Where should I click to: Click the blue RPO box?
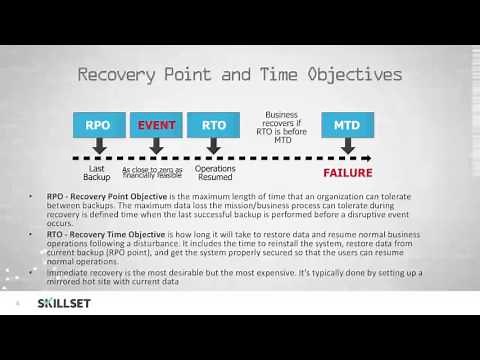pos(97,126)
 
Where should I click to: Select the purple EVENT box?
pos(157,126)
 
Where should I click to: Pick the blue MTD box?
pos(347,126)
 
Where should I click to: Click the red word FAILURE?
pos(347,173)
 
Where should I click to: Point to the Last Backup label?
pos(97,171)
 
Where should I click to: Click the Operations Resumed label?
pos(215,171)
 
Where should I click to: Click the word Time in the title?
pos(255,75)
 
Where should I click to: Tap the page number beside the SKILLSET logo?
pos(17,303)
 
